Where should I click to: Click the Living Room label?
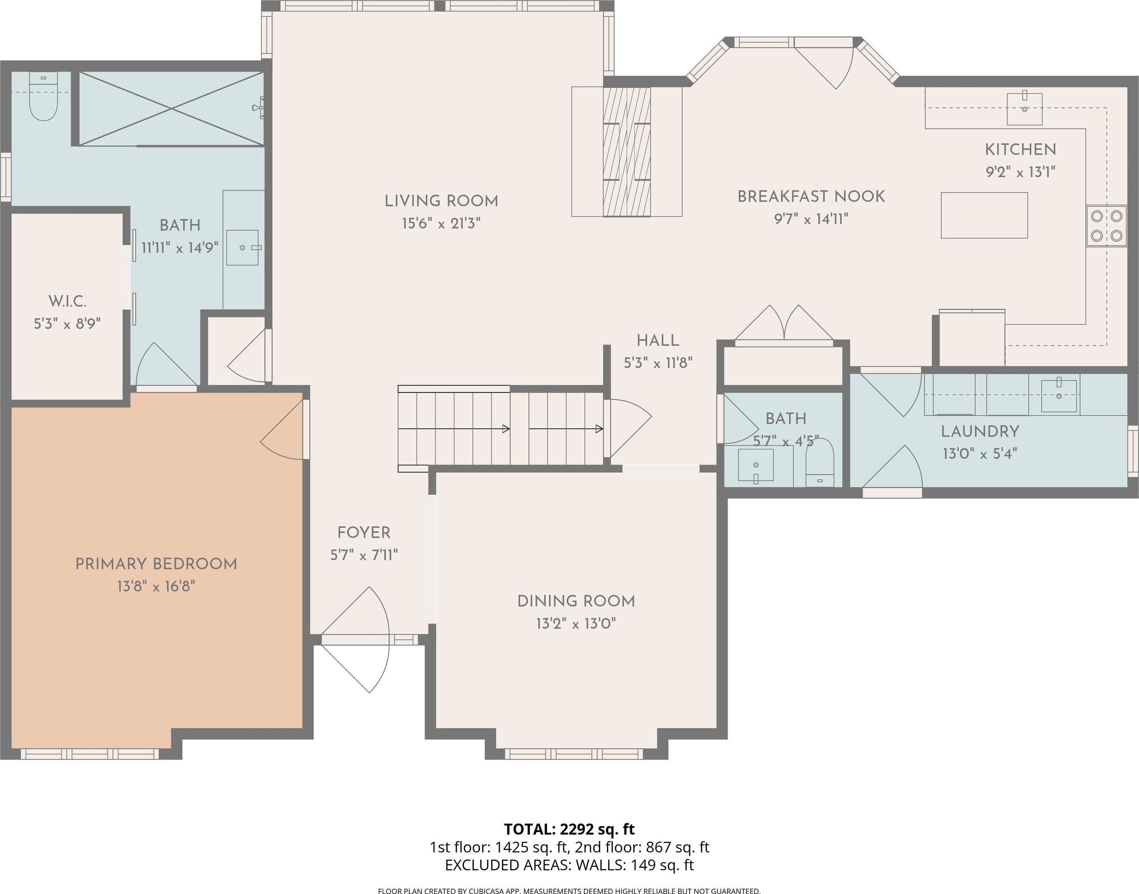441,201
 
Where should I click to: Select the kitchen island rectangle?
984,215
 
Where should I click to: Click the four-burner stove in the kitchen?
1106,226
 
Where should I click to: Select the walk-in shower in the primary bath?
171,108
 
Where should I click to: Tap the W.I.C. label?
68,302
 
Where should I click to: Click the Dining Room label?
576,601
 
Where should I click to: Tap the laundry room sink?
1059,395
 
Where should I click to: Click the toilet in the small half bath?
819,463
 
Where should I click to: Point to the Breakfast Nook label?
811,197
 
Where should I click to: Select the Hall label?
657,341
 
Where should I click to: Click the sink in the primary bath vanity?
243,248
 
